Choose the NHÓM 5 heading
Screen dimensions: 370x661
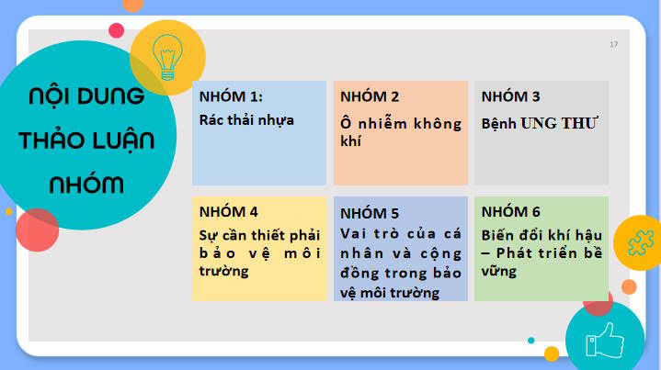pyautogui.click(x=370, y=212)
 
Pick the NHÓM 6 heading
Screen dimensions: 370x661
pyautogui.click(x=511, y=212)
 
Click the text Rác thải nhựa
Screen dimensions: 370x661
pyautogui.click(x=246, y=119)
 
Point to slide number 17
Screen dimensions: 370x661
pyautogui.click(x=613, y=44)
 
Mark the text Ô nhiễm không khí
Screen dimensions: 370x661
pyautogui.click(x=400, y=131)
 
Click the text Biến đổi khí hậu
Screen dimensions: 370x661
pyautogui.click(x=541, y=234)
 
